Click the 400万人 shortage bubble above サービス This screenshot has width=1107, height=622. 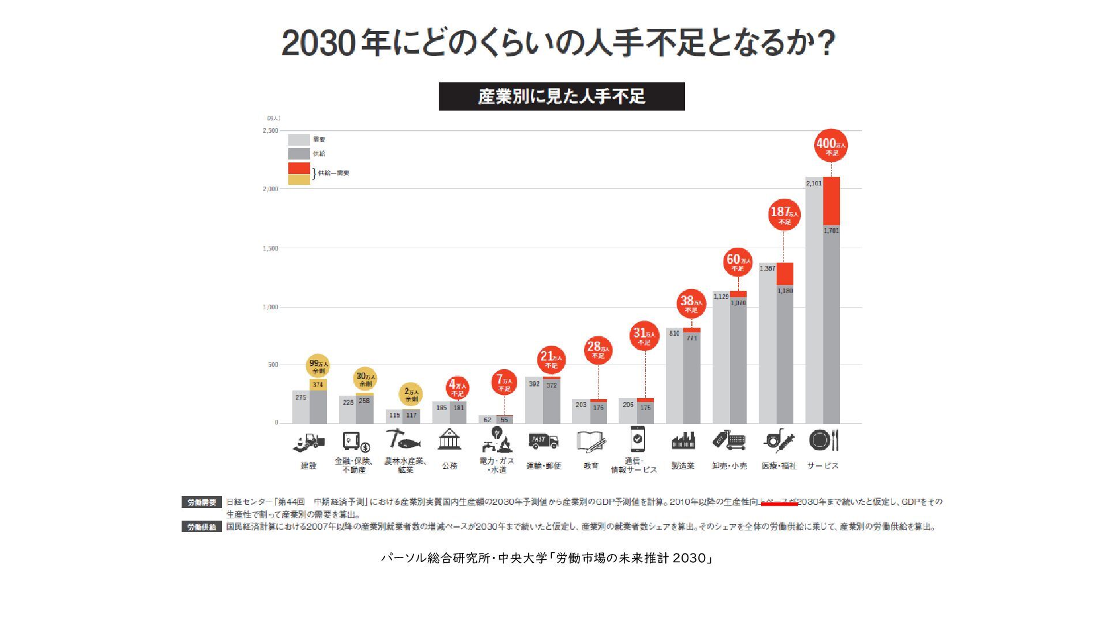tap(831, 145)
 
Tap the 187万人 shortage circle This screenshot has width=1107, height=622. tap(784, 214)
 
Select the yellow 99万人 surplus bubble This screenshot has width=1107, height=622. tap(318, 366)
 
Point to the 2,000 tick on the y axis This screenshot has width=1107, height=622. tap(270, 189)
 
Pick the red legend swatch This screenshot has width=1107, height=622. tap(299, 168)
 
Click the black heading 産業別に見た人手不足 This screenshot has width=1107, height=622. tap(561, 96)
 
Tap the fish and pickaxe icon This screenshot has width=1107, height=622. tap(404, 440)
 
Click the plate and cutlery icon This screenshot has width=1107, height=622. tap(823, 441)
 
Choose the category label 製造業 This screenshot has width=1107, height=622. tap(683, 466)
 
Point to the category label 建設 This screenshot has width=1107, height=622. tap(308, 466)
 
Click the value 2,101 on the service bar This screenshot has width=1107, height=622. tap(814, 183)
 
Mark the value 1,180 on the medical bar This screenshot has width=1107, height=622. tap(785, 291)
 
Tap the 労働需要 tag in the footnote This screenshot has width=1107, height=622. tap(201, 502)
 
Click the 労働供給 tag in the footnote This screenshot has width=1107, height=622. tap(201, 527)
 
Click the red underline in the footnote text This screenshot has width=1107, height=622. tap(779, 504)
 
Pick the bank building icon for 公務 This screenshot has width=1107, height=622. tap(449, 440)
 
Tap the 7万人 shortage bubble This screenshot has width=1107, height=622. tap(504, 382)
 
